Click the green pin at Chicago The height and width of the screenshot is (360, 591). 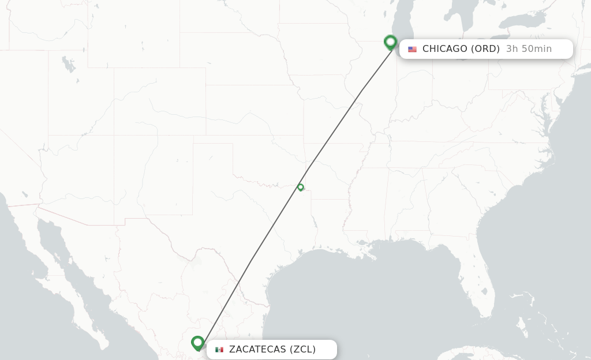[x=390, y=42]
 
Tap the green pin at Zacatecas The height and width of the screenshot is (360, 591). [x=198, y=343]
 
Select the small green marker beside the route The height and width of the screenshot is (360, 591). [x=301, y=187]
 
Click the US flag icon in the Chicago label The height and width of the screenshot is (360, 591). [x=412, y=49]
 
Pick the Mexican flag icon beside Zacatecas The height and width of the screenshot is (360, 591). [x=219, y=350]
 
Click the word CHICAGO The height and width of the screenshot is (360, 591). [x=444, y=49]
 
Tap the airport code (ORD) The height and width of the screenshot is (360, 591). [x=485, y=49]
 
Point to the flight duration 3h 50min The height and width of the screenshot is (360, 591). [x=529, y=49]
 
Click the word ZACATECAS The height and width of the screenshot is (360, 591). [x=257, y=350]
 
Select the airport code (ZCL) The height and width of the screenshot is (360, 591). [x=302, y=350]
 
